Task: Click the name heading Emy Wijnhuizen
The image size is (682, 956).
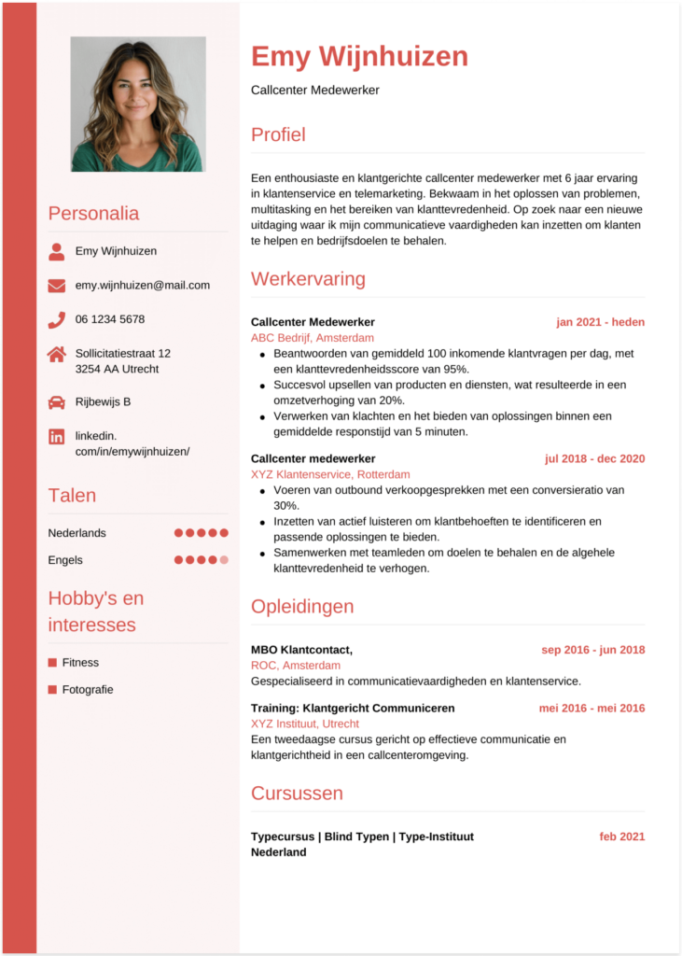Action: pyautogui.click(x=359, y=57)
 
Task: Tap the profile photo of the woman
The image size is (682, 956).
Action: pyautogui.click(x=137, y=104)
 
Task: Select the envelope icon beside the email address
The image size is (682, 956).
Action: pyautogui.click(x=57, y=286)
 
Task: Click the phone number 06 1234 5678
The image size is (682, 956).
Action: pyautogui.click(x=110, y=319)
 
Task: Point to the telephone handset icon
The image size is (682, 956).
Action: pyautogui.click(x=57, y=320)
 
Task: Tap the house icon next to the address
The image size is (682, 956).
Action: pyautogui.click(x=57, y=354)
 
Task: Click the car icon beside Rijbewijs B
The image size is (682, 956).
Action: pyautogui.click(x=57, y=402)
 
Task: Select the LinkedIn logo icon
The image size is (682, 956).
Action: pyautogui.click(x=57, y=436)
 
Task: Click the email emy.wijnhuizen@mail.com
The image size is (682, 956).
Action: pyautogui.click(x=143, y=286)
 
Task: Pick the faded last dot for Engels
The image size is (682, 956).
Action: pyautogui.click(x=224, y=560)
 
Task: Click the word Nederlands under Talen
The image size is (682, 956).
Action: pyautogui.click(x=77, y=533)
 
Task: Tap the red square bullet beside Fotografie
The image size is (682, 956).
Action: pyautogui.click(x=52, y=690)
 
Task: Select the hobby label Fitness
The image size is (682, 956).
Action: pyautogui.click(x=80, y=663)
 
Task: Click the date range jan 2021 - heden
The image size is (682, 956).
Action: pyautogui.click(x=600, y=322)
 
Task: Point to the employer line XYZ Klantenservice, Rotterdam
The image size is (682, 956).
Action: pyautogui.click(x=330, y=474)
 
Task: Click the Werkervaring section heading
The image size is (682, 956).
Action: pyautogui.click(x=308, y=279)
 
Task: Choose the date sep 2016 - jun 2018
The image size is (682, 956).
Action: pyautogui.click(x=592, y=650)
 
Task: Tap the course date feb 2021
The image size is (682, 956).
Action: pyautogui.click(x=621, y=836)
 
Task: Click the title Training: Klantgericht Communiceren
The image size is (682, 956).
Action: pyautogui.click(x=353, y=709)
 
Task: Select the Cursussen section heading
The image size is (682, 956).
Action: pyautogui.click(x=297, y=794)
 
